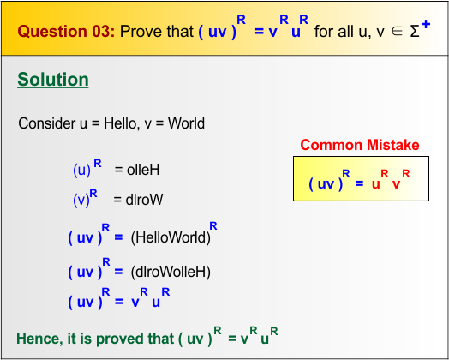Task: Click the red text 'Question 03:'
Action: [x=66, y=33]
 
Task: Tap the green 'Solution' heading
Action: [x=53, y=80]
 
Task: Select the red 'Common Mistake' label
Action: [x=360, y=145]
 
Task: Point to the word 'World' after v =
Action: [x=186, y=123]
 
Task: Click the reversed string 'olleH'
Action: [x=143, y=170]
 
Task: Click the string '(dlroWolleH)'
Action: [x=171, y=272]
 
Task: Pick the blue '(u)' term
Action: [x=81, y=170]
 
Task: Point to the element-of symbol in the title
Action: [x=391, y=33]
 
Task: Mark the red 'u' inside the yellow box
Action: [x=375, y=184]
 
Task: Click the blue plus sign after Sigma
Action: [x=425, y=24]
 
